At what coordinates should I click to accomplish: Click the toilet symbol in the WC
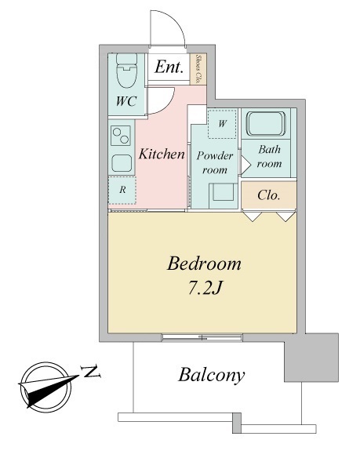[x=126, y=71]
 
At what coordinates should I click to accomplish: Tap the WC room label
[x=126, y=101]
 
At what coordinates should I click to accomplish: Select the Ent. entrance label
[x=169, y=67]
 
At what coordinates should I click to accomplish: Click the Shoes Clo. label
[x=198, y=69]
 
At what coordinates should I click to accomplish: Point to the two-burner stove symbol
[x=121, y=136]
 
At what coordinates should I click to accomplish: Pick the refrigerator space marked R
[x=122, y=190]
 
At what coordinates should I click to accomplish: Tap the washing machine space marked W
[x=222, y=124]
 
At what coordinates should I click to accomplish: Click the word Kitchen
[x=162, y=154]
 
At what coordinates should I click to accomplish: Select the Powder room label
[x=215, y=162]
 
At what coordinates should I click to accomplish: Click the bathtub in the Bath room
[x=266, y=124]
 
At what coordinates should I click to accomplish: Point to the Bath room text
[x=269, y=157]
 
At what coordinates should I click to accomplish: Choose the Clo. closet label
[x=269, y=195]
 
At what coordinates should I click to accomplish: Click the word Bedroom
[x=204, y=264]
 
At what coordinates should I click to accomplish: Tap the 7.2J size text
[x=204, y=289]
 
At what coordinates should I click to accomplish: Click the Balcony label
[x=212, y=375]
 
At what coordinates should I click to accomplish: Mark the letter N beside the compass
[x=92, y=371]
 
